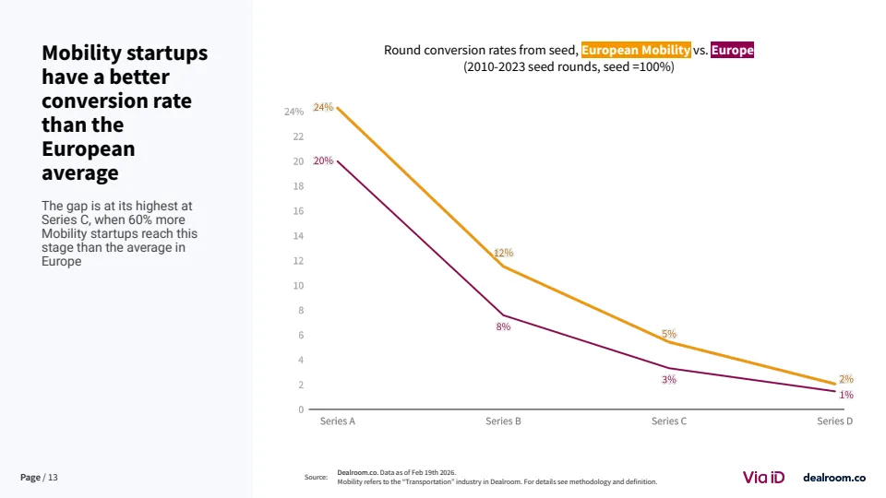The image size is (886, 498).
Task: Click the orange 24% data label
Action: tap(323, 107)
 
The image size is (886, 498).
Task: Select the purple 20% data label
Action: tap(323, 160)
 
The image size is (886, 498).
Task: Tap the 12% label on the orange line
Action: tap(503, 253)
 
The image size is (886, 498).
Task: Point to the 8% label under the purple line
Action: tap(503, 326)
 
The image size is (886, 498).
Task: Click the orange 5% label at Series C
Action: tap(669, 334)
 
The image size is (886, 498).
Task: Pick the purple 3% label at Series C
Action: tap(669, 379)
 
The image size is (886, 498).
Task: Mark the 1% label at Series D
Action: tap(846, 395)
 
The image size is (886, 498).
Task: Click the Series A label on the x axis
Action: tap(338, 421)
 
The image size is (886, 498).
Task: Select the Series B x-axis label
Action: tap(503, 421)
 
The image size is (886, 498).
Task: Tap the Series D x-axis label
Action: tap(835, 421)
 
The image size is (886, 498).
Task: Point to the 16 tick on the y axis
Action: tap(298, 211)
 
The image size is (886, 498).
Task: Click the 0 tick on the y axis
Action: tap(301, 409)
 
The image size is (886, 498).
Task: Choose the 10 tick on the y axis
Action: tap(298, 286)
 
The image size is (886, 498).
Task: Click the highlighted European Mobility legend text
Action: tap(636, 50)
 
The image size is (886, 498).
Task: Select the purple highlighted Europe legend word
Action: tap(732, 50)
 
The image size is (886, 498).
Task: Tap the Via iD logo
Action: tap(763, 477)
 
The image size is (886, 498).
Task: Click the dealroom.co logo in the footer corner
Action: tap(834, 477)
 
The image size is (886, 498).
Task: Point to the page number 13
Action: tap(53, 477)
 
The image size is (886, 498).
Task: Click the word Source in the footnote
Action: tap(316, 477)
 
